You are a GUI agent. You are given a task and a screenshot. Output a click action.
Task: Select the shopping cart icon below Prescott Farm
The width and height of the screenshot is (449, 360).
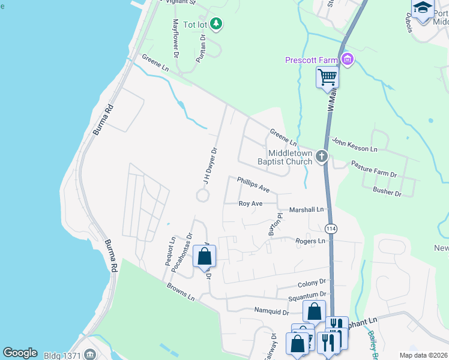[x=327, y=77]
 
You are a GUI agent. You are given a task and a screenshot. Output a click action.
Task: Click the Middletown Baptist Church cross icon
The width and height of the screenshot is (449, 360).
[x=322, y=157]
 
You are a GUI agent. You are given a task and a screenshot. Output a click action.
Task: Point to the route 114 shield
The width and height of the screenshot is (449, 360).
[x=331, y=229]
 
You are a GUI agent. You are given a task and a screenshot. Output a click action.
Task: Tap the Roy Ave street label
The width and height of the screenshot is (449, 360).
[x=251, y=203]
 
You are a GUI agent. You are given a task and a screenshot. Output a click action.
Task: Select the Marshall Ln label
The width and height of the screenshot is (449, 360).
[x=306, y=209]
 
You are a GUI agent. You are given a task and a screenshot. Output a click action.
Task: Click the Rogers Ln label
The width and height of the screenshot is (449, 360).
[x=310, y=241]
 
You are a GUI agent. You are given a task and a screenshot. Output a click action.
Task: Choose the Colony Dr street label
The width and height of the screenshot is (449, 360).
[x=312, y=281]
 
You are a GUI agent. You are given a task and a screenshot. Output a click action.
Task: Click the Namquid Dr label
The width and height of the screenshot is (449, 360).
[x=271, y=312]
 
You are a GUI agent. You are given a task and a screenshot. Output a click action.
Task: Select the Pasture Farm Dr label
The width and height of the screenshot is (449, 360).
[x=374, y=169]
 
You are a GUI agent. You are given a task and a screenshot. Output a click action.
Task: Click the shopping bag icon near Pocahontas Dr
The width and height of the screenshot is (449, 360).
[x=204, y=256]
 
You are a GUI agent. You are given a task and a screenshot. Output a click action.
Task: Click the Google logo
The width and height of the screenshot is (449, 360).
[x=20, y=353]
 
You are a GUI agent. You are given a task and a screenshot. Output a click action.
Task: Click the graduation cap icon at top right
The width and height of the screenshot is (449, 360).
[x=423, y=8]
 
